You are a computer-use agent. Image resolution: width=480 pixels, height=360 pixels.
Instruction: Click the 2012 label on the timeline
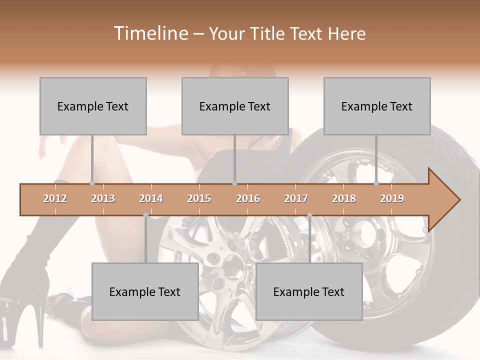tap(55, 198)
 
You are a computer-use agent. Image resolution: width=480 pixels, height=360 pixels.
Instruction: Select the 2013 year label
tap(103, 198)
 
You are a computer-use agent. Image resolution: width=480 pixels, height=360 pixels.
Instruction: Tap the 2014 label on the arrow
tap(151, 198)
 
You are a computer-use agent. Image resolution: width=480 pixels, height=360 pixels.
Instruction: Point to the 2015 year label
tap(199, 198)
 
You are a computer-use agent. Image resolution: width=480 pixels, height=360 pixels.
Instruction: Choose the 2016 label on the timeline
tap(248, 198)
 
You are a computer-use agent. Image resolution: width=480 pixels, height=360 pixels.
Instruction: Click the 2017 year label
tap(296, 198)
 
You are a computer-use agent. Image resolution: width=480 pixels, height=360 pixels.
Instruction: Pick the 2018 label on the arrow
tap(344, 198)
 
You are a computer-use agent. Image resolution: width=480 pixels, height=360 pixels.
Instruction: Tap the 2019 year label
tap(392, 198)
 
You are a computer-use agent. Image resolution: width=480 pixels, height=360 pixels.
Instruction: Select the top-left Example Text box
tap(93, 106)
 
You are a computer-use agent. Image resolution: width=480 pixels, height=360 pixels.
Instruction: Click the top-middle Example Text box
tap(235, 106)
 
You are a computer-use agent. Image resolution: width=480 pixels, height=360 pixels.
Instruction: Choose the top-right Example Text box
tap(377, 106)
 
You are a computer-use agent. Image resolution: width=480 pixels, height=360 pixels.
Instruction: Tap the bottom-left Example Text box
tap(145, 291)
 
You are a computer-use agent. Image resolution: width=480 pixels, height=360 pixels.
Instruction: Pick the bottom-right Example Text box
tap(309, 291)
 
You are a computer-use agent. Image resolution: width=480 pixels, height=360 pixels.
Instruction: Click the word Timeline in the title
tap(150, 33)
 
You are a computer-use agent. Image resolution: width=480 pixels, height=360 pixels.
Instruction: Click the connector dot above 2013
tap(92, 183)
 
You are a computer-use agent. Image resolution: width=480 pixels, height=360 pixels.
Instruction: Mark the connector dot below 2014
tap(145, 215)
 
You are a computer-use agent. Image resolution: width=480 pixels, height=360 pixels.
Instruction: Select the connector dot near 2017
tap(309, 215)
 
